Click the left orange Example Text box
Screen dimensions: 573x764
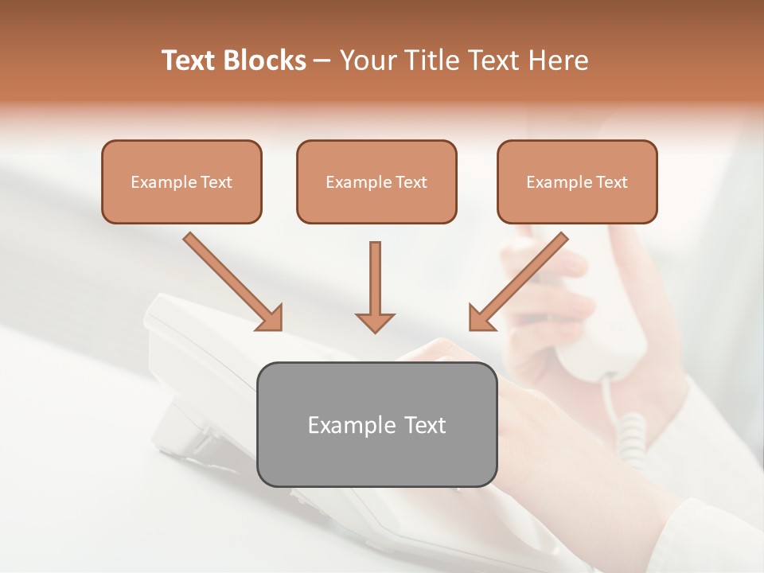coord(181,181)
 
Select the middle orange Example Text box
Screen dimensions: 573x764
coord(376,181)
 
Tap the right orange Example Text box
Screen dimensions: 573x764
coord(577,181)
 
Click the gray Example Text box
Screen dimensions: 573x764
coord(377,424)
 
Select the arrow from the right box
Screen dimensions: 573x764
coord(520,279)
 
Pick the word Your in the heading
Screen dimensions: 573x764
coord(366,60)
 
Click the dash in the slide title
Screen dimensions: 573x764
coord(322,60)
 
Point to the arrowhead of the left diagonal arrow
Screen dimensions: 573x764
coord(271,318)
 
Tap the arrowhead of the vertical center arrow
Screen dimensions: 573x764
coord(375,322)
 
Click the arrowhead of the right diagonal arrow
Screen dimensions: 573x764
coord(481,318)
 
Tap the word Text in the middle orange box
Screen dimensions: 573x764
coord(411,181)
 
